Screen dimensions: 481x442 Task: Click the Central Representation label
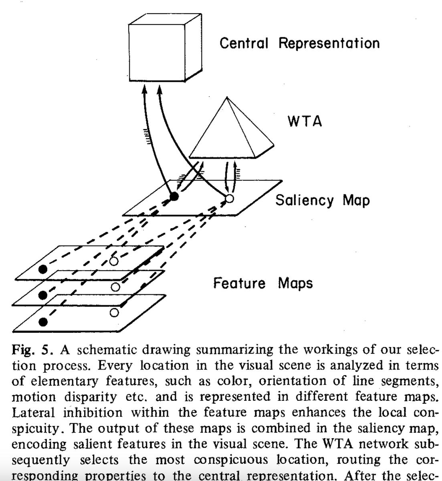point(299,43)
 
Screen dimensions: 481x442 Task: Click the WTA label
point(305,121)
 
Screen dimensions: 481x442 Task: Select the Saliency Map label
point(322,200)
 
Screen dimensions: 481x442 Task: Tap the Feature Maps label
point(262,283)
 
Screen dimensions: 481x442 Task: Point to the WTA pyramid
point(232,132)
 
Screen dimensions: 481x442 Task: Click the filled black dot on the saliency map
point(174,196)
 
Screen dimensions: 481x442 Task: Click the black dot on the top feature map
point(42,269)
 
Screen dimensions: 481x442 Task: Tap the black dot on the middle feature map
point(42,295)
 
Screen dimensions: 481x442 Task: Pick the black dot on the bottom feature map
point(42,321)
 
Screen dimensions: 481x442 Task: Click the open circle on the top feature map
point(114,261)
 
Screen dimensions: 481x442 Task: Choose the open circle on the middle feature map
point(115,287)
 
